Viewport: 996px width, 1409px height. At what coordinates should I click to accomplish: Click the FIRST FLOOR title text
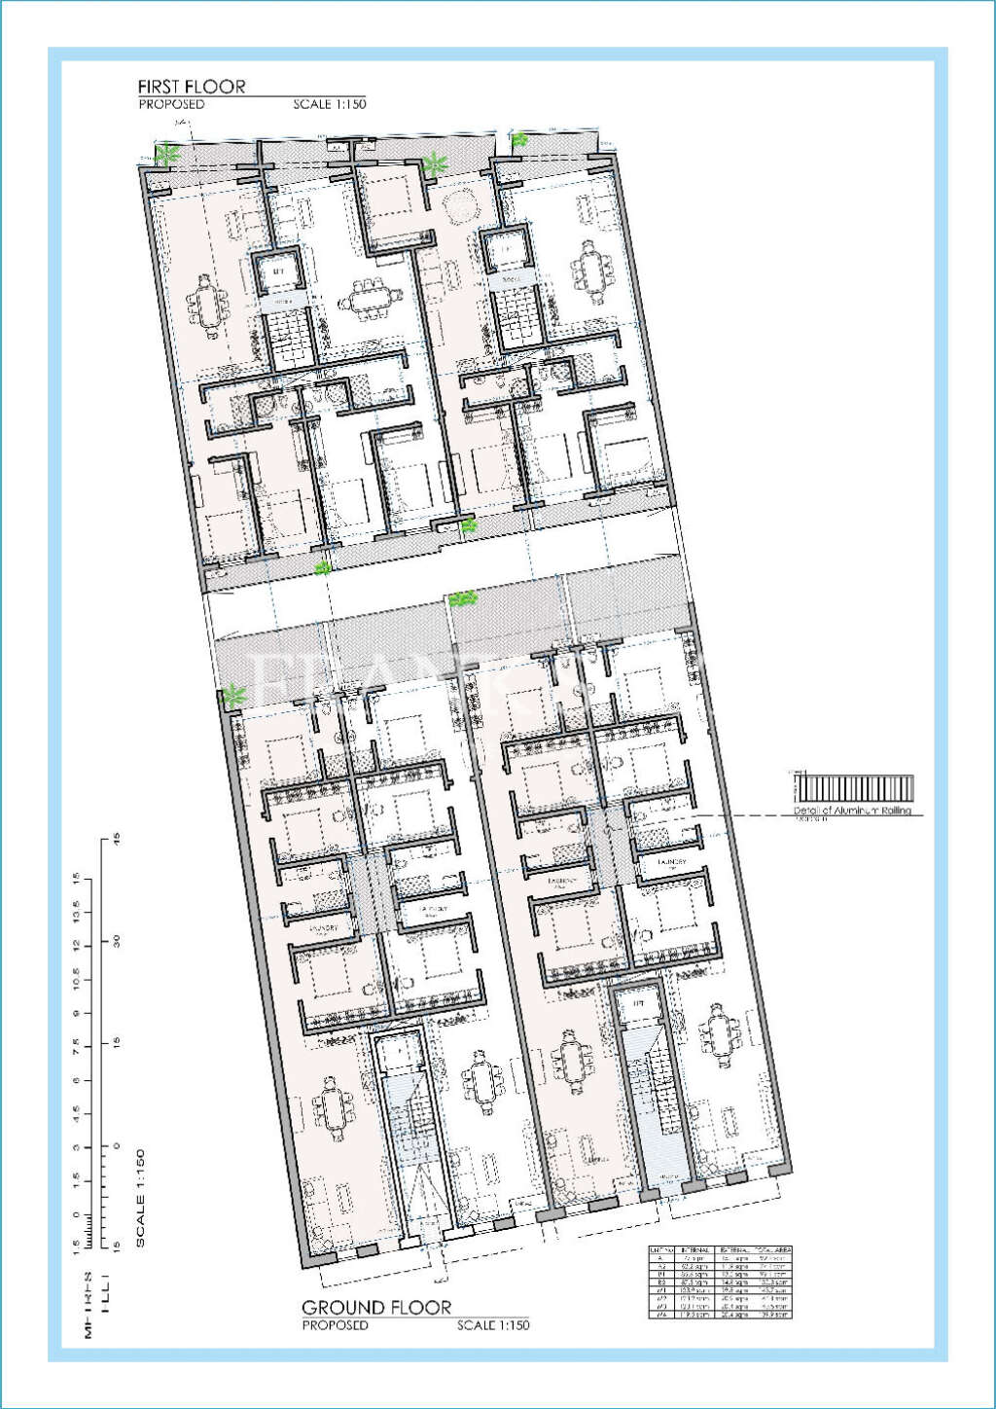192,87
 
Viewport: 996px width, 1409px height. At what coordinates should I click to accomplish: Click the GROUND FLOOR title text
376,1307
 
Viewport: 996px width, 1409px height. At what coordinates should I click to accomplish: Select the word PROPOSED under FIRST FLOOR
171,104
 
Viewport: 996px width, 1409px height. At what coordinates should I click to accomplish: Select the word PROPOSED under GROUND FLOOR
335,1325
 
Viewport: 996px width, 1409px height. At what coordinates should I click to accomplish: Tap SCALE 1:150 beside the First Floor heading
330,104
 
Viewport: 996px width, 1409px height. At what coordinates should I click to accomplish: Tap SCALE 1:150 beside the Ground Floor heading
493,1325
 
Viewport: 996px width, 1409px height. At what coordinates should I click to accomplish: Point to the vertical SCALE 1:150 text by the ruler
140,1198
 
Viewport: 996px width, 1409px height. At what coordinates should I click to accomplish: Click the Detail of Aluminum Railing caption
853,811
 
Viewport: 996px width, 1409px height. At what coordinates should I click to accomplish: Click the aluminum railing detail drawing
854,788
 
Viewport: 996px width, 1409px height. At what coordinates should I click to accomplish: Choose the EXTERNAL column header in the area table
733,1249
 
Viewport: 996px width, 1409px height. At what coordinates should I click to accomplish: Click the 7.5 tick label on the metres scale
76,1046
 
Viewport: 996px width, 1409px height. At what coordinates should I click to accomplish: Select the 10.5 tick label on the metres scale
76,980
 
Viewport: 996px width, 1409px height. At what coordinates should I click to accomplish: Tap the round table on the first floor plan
457,206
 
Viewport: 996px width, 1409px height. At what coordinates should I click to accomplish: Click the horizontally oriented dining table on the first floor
370,300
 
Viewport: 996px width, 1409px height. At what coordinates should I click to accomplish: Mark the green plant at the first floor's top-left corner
168,154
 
